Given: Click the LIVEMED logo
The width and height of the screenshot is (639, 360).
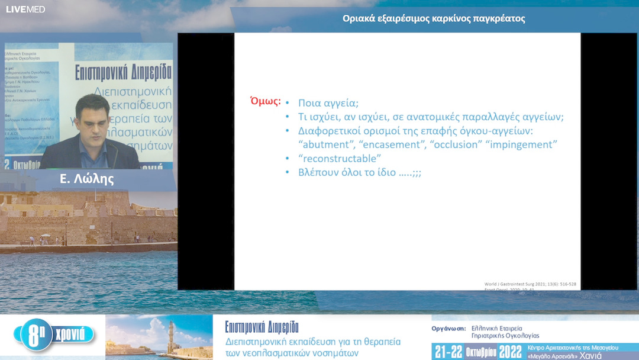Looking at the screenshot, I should [x=25, y=9].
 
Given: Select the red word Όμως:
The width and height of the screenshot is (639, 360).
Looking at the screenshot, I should [x=266, y=101].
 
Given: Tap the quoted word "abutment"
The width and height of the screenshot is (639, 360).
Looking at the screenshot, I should [x=326, y=144].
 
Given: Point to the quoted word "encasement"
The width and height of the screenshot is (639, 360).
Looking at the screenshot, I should [x=392, y=144].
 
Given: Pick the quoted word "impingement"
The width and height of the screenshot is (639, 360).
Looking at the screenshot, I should [x=522, y=144].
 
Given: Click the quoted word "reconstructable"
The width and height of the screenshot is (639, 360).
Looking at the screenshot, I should [x=340, y=159].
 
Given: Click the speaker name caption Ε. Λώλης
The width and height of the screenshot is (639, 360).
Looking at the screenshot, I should [x=87, y=179].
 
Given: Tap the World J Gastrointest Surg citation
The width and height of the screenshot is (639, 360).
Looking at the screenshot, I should [x=530, y=284].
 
